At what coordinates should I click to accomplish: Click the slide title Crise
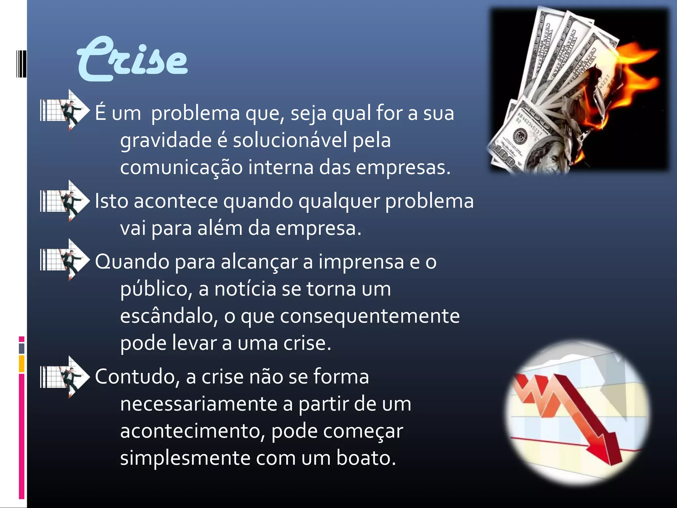[132, 60]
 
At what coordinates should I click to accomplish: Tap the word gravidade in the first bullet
[166, 140]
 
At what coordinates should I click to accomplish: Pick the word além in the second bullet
[220, 228]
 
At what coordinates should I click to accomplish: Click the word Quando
[132, 262]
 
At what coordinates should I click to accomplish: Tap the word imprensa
[361, 262]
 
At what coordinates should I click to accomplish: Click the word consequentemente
[370, 316]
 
